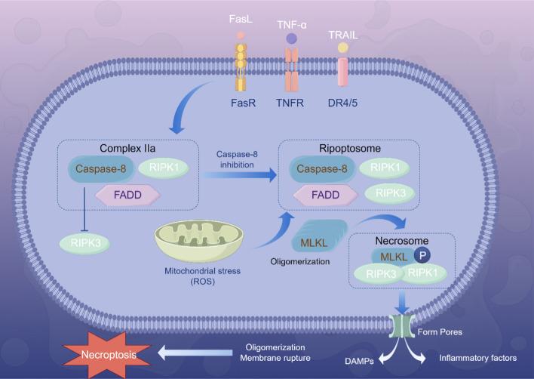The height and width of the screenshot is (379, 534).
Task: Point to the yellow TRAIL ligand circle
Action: pyautogui.click(x=342, y=48)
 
